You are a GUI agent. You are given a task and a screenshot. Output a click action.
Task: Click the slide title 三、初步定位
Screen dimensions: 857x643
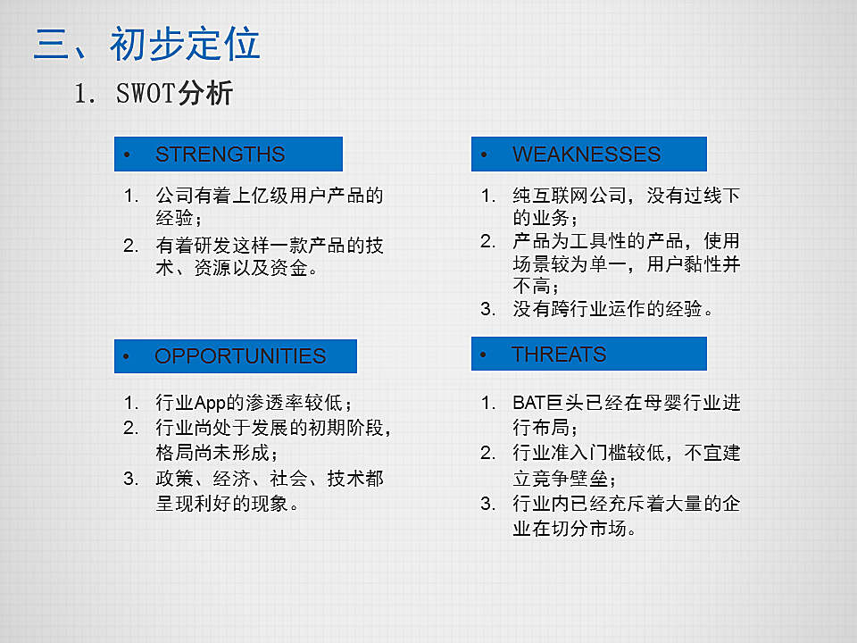point(146,43)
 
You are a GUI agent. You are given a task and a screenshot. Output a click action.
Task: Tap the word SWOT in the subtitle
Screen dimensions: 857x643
point(146,93)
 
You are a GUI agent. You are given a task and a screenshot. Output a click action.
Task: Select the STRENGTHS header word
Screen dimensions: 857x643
point(220,154)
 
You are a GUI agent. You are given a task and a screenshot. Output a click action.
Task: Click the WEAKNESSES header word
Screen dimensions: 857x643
point(587,154)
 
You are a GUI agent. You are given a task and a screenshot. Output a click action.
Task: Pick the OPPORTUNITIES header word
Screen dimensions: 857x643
point(240,356)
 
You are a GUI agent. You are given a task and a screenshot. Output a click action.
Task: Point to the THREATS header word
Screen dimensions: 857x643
point(559,355)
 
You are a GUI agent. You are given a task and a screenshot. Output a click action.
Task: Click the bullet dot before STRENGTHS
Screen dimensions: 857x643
point(127,154)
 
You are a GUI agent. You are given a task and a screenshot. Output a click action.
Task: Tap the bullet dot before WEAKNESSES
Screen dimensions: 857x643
point(484,154)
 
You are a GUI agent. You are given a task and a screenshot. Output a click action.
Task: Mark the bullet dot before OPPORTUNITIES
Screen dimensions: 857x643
point(126,356)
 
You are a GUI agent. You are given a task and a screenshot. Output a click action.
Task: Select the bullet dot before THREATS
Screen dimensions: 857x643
point(483,355)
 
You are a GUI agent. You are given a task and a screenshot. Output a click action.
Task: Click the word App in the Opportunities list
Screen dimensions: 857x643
point(210,403)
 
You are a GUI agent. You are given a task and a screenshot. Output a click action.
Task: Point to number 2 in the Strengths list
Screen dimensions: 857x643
point(130,245)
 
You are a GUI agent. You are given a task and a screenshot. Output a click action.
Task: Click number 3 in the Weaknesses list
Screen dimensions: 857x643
point(487,309)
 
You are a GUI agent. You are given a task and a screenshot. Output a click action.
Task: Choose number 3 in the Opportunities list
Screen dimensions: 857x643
point(130,479)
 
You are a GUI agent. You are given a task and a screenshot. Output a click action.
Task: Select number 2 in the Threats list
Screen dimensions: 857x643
point(487,453)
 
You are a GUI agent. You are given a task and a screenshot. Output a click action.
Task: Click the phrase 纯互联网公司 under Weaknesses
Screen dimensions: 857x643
point(570,196)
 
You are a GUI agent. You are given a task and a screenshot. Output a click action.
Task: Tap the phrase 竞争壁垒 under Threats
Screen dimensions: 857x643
point(570,479)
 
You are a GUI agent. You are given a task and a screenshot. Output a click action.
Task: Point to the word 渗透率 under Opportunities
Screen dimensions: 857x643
point(274,403)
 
